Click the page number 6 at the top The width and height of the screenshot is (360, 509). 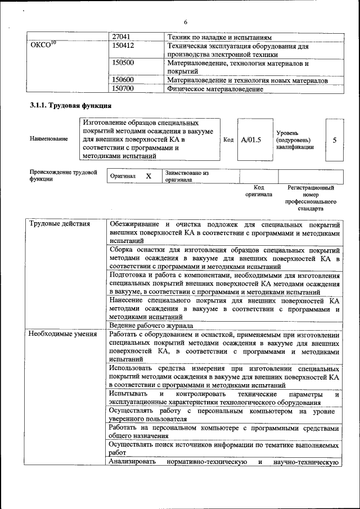click(x=185, y=22)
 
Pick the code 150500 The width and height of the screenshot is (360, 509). click(x=123, y=63)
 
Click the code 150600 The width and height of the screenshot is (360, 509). click(x=123, y=80)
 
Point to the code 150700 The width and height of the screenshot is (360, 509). click(x=123, y=89)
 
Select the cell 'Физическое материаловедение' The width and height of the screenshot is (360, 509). click(x=215, y=89)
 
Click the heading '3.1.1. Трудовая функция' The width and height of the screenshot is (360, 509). click(x=70, y=106)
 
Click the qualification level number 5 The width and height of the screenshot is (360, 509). click(x=335, y=140)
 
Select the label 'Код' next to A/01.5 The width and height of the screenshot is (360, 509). click(x=228, y=140)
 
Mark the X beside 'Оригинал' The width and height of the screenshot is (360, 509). click(x=148, y=176)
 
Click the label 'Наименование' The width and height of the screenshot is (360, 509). click(x=49, y=138)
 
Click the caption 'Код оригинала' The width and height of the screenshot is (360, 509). click(x=259, y=191)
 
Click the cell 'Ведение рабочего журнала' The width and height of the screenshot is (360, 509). click(x=151, y=325)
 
